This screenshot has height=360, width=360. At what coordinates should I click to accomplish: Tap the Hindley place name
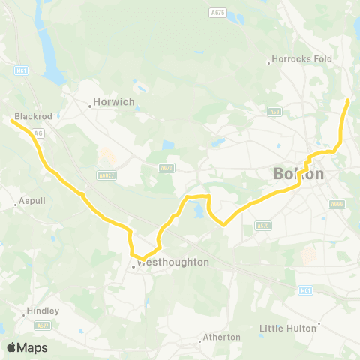tap(43, 310)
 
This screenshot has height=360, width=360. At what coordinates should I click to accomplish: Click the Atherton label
tap(222, 337)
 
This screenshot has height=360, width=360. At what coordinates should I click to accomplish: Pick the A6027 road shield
tap(107, 175)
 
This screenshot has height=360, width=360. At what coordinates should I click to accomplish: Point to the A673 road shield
tap(166, 169)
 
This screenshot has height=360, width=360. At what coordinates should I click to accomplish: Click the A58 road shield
tap(274, 112)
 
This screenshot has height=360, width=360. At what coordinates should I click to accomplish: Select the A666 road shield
tap(337, 203)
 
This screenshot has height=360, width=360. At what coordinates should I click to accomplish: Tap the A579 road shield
tap(262, 224)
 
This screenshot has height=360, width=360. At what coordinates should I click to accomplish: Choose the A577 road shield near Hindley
tap(43, 325)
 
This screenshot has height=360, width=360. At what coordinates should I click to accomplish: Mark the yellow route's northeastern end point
tap(347, 100)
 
